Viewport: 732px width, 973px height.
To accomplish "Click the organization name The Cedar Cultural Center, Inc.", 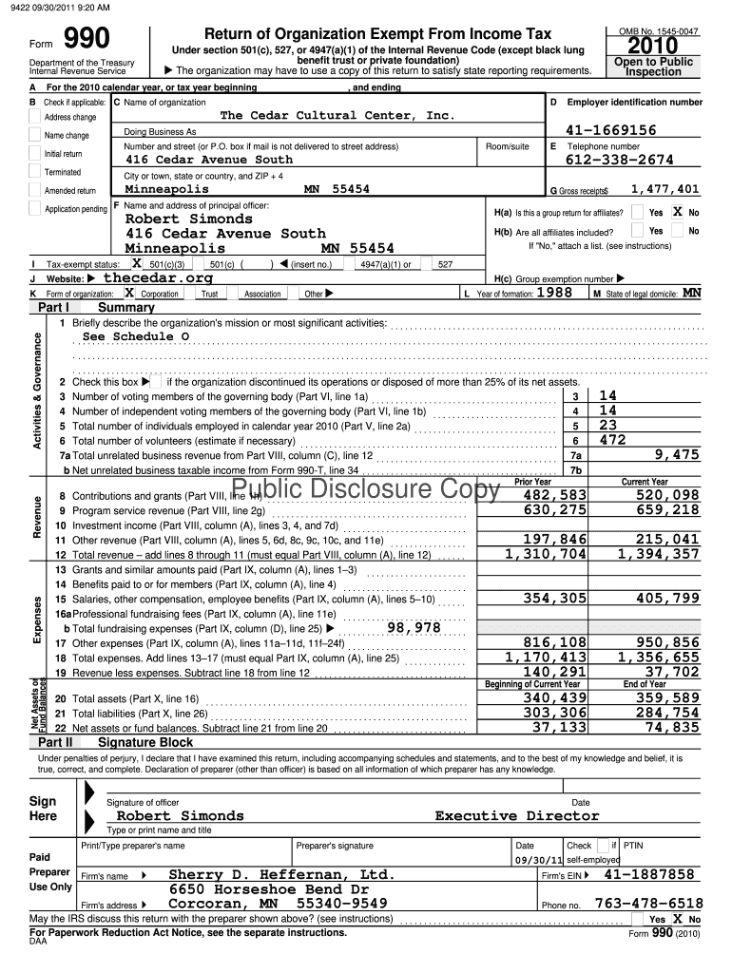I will [x=337, y=115].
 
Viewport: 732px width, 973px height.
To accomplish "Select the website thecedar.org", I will [x=158, y=278].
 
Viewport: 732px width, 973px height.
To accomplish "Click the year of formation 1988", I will [x=554, y=293].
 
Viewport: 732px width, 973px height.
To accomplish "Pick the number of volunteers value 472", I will [x=613, y=440].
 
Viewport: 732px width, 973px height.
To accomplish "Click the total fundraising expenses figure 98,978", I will [x=414, y=627].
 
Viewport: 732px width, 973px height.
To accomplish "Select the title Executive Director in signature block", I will [x=517, y=815].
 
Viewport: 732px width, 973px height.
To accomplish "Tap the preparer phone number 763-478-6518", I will [x=648, y=904].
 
